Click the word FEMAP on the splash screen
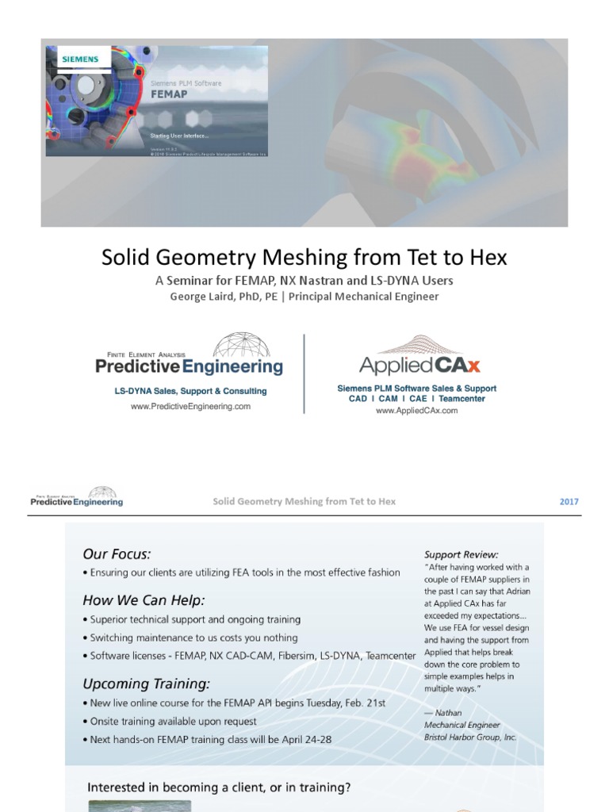(169, 92)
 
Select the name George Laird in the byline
(205, 297)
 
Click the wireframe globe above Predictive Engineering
(241, 345)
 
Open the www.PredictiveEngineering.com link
(190, 406)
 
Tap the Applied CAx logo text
(419, 366)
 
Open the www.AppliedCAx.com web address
(416, 410)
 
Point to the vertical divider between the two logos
(304, 373)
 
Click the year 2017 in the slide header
(569, 501)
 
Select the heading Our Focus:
(117, 553)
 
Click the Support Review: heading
(462, 554)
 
